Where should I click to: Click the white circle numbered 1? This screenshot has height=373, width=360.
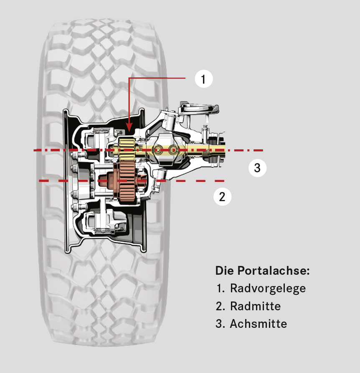(x=204, y=79)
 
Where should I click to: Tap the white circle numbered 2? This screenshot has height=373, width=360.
(x=222, y=197)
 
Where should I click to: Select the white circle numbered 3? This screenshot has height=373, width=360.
(x=257, y=168)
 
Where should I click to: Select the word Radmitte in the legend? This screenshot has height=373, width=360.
(x=255, y=306)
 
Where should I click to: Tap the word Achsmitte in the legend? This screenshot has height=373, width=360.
(x=258, y=324)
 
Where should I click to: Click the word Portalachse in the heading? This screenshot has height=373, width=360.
(x=274, y=271)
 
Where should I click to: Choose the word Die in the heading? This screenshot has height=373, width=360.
(x=225, y=271)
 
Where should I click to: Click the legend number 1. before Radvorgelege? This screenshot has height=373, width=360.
(x=220, y=289)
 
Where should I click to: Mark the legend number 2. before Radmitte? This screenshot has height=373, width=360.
(x=220, y=306)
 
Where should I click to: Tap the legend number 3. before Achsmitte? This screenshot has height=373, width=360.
(x=220, y=324)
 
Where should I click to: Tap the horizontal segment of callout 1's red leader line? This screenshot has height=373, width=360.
(x=157, y=78)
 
